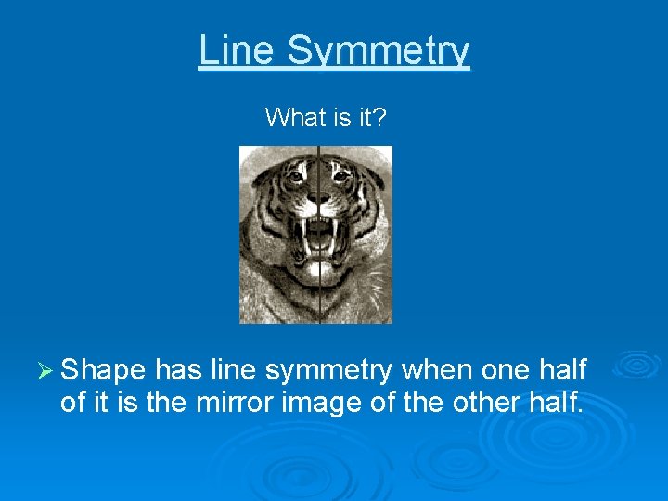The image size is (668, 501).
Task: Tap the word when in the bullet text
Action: [439, 371]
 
